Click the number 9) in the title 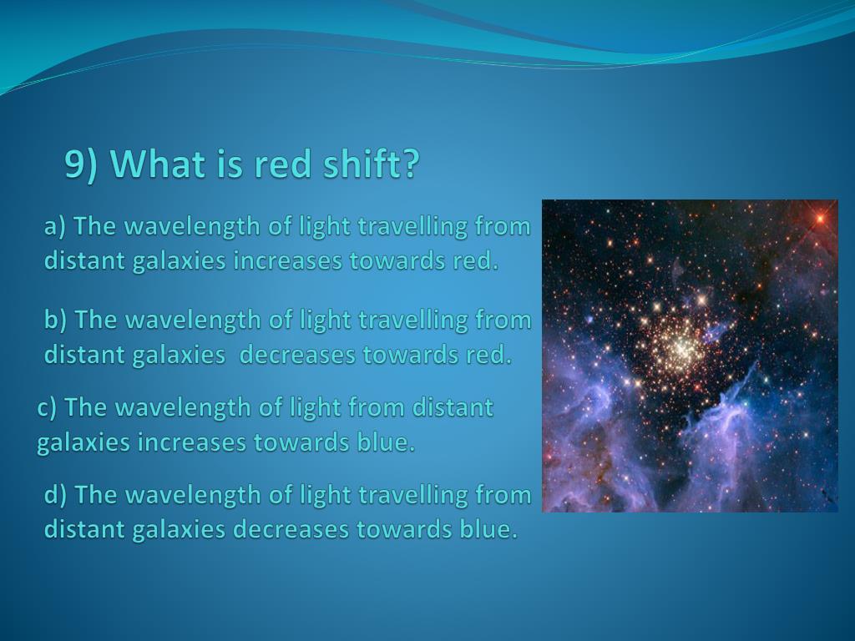(x=81, y=164)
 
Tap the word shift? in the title (x=372, y=164)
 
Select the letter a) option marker (x=54, y=226)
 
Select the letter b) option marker (x=55, y=320)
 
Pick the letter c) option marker (x=47, y=407)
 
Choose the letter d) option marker (x=55, y=495)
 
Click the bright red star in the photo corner (x=820, y=219)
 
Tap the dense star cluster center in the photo (x=680, y=346)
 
